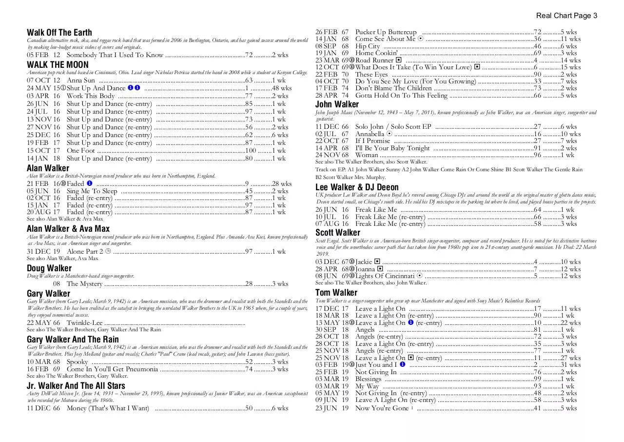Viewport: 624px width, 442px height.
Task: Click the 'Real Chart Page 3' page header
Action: pos(566,16)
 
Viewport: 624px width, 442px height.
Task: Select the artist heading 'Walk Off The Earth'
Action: pos(59,33)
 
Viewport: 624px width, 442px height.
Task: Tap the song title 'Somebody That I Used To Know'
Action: pos(115,55)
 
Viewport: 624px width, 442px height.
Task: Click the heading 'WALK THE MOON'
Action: pos(58,65)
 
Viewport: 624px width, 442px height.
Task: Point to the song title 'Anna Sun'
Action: pos(81,80)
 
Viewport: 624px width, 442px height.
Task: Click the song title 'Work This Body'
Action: pos(91,96)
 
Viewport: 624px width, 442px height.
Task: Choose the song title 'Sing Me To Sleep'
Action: pos(92,191)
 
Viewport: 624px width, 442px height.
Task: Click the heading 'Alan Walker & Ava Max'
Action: pos(68,229)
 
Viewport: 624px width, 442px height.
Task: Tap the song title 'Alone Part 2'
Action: pos(85,252)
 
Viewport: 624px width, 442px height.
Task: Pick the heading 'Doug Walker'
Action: pos(49,268)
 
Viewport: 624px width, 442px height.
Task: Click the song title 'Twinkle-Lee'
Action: pos(85,323)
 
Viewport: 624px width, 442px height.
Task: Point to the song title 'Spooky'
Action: pos(78,362)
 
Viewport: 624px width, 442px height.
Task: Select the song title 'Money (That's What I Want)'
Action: pos(108,408)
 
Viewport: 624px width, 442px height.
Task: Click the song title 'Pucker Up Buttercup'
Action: pos(386,32)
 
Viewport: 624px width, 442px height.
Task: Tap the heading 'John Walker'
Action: pos(337,104)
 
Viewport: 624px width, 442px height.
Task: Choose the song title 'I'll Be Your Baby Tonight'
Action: pos(392,148)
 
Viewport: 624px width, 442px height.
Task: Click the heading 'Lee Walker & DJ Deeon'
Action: pos(357,187)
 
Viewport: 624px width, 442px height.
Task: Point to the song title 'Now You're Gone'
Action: pos(382,408)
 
